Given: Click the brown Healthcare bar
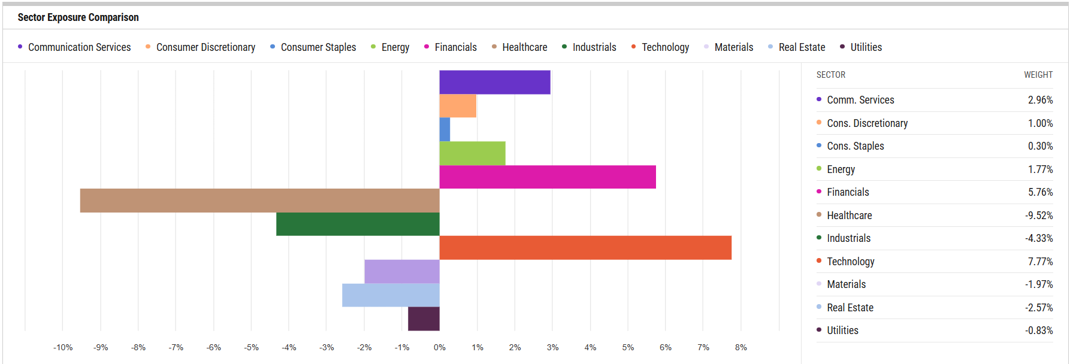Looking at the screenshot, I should click(x=259, y=201).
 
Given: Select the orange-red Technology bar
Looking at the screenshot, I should click(x=585, y=247).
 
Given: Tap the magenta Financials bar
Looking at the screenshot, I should click(x=548, y=177).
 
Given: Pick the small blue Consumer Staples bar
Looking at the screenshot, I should click(x=445, y=129).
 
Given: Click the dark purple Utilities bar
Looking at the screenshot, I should click(x=424, y=318).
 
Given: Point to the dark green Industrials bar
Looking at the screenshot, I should click(x=358, y=224).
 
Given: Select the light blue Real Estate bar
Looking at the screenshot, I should click(x=391, y=295).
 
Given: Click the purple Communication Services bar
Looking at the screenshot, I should click(x=495, y=82).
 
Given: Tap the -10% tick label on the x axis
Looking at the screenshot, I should click(x=63, y=347).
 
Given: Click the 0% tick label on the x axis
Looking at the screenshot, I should click(x=440, y=347).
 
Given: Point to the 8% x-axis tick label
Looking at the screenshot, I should click(x=741, y=347).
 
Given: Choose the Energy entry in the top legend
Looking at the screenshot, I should click(x=395, y=47).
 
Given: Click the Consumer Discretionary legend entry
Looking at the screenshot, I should click(x=205, y=47).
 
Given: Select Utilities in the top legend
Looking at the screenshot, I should click(x=866, y=47).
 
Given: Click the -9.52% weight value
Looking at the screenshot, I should click(x=1039, y=216).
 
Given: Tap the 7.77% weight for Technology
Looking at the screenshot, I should click(x=1040, y=262).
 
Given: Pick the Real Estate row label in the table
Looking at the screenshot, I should click(x=850, y=308).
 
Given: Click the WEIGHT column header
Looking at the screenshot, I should click(x=1038, y=75).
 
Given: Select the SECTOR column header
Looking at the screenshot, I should click(x=831, y=75).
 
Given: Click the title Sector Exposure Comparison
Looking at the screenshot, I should click(x=78, y=17).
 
